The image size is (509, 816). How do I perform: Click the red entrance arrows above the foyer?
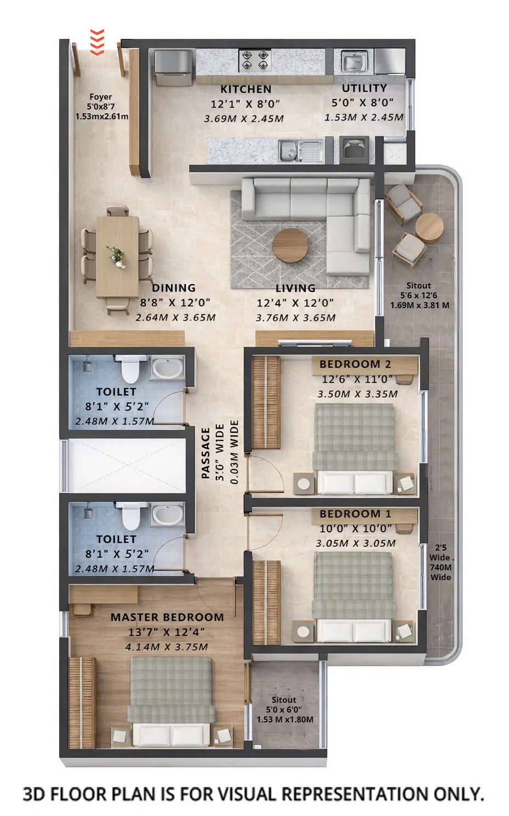[96, 42]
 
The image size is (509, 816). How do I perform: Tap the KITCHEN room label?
[245, 89]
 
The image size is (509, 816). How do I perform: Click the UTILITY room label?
[364, 88]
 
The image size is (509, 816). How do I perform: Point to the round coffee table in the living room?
[290, 245]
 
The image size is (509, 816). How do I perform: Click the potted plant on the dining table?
[116, 256]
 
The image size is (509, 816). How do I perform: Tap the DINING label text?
[174, 288]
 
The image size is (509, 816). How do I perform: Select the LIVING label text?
[295, 288]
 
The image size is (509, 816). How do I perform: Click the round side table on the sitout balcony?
[429, 227]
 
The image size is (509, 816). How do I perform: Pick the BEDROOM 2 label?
[355, 364]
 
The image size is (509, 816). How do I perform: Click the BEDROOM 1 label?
[355, 514]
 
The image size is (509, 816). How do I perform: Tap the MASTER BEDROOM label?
[167, 617]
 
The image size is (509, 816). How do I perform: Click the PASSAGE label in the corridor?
[206, 453]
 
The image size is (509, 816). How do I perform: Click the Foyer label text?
[101, 97]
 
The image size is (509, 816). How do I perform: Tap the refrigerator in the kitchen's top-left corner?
[173, 67]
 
